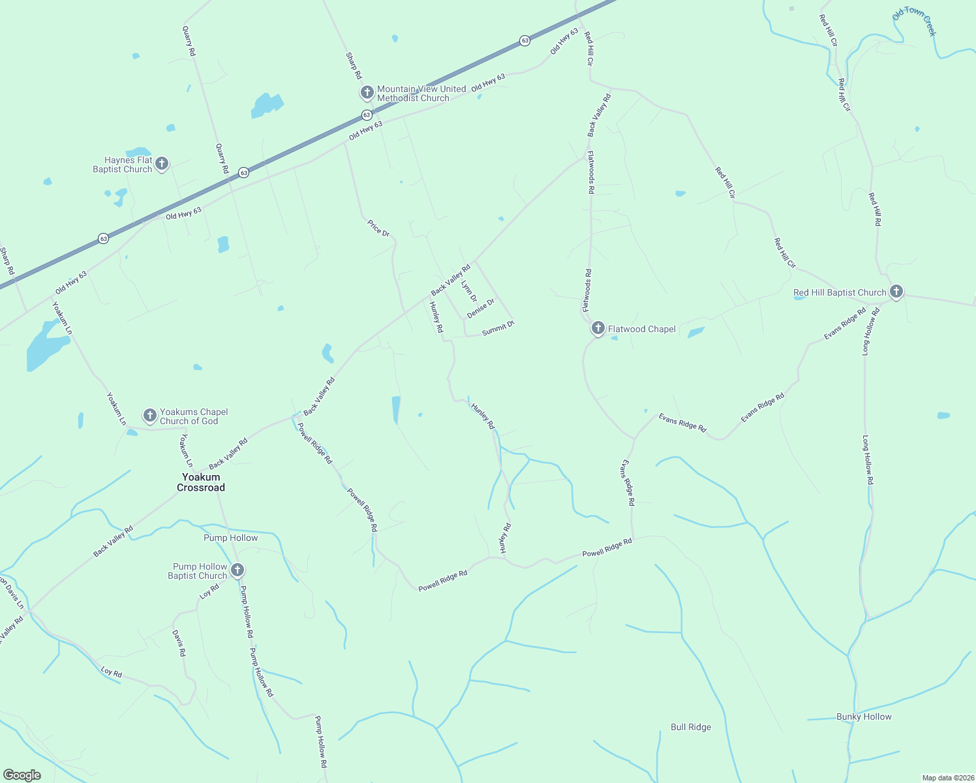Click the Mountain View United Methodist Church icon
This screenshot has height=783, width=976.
(367, 92)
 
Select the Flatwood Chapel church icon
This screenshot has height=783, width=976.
(598, 328)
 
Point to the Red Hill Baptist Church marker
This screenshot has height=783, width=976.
(896, 291)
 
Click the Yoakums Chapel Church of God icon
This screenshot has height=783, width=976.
(150, 415)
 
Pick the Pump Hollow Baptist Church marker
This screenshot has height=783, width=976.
(237, 570)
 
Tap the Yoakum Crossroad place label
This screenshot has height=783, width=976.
(201, 482)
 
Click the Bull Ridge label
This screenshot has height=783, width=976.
(691, 727)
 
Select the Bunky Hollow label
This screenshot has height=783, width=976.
(864, 716)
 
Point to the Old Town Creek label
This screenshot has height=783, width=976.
(914, 22)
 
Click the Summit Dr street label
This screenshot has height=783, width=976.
(498, 328)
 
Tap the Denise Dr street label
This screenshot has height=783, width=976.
(481, 308)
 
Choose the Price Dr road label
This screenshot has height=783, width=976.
(378, 228)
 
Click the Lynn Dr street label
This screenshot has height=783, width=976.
(468, 291)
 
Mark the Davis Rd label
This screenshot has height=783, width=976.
(179, 643)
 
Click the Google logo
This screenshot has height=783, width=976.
(22, 775)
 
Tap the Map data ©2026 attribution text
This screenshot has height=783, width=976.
(947, 778)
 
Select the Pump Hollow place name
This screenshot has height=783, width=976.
(231, 538)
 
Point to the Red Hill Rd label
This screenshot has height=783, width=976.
(874, 209)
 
